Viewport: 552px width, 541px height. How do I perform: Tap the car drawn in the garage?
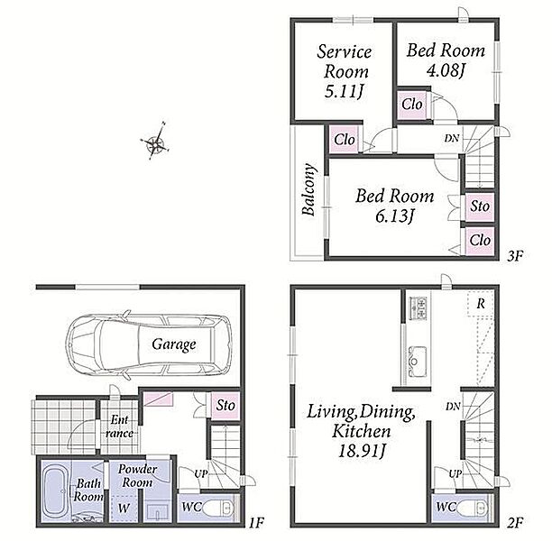pos(149,344)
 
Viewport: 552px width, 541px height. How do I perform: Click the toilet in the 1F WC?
pos(217,508)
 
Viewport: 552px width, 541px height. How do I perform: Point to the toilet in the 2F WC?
pos(473,508)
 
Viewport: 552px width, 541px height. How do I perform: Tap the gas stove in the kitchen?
pos(419,308)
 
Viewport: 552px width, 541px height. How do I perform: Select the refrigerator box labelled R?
pos(481,303)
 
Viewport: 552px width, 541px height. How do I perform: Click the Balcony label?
pos(308,189)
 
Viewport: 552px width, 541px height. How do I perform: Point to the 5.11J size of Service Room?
pos(344,92)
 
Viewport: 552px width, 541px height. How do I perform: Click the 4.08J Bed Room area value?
pos(446,70)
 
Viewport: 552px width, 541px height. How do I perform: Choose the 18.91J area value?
pos(362,451)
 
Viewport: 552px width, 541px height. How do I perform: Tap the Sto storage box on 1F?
pos(225,405)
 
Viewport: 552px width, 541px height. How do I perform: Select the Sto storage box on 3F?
pos(480,206)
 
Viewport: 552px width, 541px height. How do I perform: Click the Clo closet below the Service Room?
pos(345,140)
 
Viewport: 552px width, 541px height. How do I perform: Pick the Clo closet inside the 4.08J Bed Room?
pos(412,105)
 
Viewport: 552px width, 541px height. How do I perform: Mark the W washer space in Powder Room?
pos(124,508)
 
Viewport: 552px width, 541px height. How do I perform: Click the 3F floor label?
pos(515,256)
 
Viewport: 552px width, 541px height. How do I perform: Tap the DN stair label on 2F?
pos(453,407)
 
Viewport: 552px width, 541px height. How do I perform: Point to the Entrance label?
pos(119,426)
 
